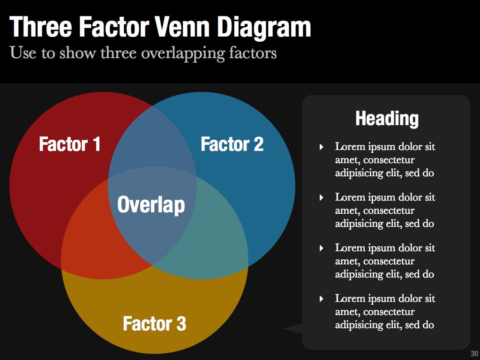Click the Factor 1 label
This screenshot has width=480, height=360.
[x=69, y=144]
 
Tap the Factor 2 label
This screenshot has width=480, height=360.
[x=232, y=144]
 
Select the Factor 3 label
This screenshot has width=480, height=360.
[x=154, y=323]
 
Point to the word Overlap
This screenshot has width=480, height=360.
[x=151, y=205]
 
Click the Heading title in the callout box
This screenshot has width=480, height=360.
[x=387, y=118]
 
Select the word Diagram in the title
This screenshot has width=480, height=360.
[x=263, y=27]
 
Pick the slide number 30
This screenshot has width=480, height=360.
[x=474, y=353]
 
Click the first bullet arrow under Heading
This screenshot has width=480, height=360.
[x=322, y=147]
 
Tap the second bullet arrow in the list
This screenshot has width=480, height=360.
[x=322, y=198]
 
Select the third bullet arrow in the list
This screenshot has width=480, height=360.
[x=322, y=248]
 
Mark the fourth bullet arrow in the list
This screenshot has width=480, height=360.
[x=322, y=299]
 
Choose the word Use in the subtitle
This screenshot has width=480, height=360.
[x=22, y=53]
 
